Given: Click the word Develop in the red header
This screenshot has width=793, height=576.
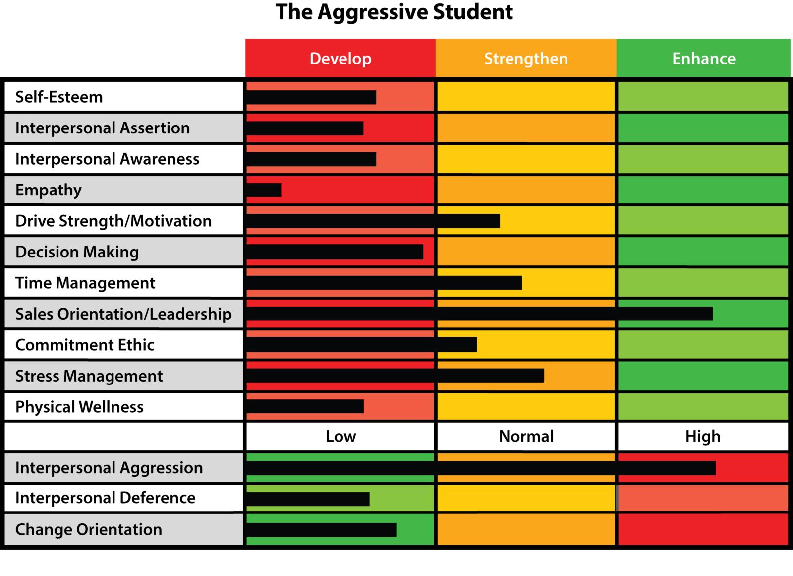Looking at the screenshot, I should coord(340,59).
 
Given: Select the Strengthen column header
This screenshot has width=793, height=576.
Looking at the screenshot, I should coord(526,59).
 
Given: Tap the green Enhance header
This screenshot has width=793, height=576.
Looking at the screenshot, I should coord(703,59).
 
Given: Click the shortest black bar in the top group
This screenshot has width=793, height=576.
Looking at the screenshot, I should coord(264,190).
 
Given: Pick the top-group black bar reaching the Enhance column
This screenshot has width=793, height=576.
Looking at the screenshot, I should coord(479,314).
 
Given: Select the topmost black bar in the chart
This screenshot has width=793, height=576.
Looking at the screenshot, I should coord(311,97).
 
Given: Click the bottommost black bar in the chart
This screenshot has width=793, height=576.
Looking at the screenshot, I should coord(321,530).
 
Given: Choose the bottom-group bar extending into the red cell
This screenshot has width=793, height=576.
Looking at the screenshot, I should coord(481,468).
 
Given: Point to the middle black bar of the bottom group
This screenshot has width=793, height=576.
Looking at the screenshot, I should coord(308,499).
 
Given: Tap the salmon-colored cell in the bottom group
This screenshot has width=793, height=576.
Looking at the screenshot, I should coord(703,498).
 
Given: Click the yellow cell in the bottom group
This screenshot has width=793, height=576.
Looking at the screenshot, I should coord(526,498).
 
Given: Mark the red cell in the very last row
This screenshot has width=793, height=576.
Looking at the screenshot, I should coord(703,529).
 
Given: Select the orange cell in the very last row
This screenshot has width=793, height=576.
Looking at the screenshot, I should coord(526,529).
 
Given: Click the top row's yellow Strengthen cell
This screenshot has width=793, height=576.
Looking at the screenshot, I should coord(526,96).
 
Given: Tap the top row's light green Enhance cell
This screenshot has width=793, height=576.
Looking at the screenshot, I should coord(703,96).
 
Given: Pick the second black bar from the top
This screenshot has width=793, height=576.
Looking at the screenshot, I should coord(305,128).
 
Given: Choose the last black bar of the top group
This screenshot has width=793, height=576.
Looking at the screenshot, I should coord(305,406).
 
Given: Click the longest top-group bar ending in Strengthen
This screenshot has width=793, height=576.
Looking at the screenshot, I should coord(395,376).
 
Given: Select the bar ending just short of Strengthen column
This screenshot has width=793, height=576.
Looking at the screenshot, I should coord(335,252).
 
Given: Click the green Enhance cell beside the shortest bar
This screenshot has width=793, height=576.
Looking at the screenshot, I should coord(703,190).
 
